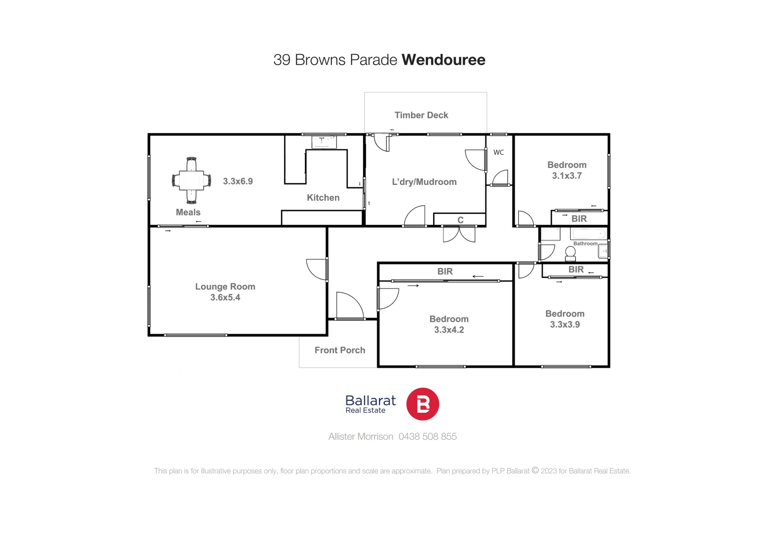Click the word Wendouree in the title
pos(443,60)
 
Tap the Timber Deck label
pos(421,115)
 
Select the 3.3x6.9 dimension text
pos(238,181)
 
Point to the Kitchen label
pos(323,198)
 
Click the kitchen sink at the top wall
pos(324,142)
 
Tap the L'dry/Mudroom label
pos(424,182)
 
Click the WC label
pos(499,152)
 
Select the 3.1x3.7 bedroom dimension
pos(567,176)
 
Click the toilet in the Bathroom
pos(570,253)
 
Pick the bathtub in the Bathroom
pos(589,234)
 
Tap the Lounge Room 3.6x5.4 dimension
pos(225,298)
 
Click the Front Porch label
pos(339,350)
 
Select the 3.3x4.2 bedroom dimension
pos(449,330)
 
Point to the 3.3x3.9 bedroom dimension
pos(565,325)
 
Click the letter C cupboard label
pos(460,220)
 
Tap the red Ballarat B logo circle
pos(422,404)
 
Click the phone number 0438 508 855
pos(427,437)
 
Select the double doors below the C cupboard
pos(459,234)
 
